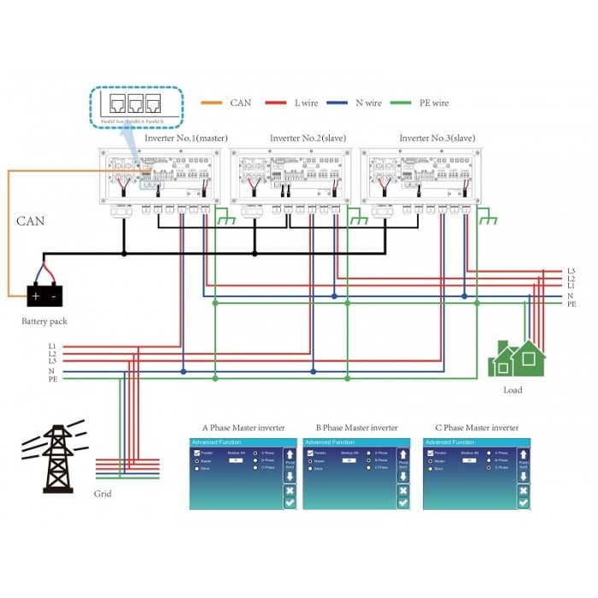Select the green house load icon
tap(516, 358)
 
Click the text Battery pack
tap(44, 321)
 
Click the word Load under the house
tap(513, 390)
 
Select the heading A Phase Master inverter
tap(243, 427)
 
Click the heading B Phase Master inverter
tap(356, 427)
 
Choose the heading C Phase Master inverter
tap(477, 427)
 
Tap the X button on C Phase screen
tap(522, 490)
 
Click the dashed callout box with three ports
tap(138, 105)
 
